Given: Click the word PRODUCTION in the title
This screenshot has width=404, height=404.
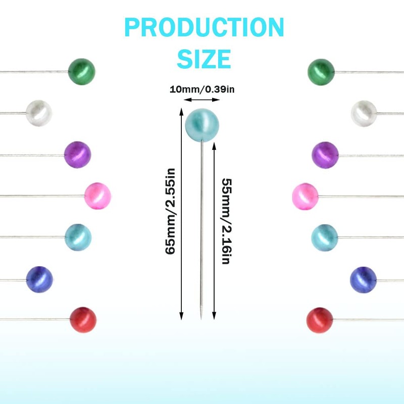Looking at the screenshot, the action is (x=204, y=28).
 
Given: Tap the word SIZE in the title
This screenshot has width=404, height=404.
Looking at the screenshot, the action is (x=204, y=59).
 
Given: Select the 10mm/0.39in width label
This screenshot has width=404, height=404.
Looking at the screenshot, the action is (x=202, y=90).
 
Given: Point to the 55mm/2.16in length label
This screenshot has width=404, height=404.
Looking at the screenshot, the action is (x=226, y=222).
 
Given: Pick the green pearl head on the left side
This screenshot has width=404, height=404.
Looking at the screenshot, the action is (x=82, y=72).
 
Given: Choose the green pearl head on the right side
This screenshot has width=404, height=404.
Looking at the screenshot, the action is (x=321, y=72).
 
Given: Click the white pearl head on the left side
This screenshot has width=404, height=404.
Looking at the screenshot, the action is (x=39, y=113).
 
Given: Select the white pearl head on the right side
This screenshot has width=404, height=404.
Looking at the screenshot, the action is (x=364, y=113).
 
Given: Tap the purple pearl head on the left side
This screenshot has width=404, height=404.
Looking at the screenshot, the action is (x=78, y=155).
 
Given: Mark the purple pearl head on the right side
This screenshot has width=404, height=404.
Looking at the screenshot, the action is (x=325, y=155).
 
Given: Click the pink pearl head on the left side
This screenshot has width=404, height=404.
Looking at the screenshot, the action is (x=97, y=196).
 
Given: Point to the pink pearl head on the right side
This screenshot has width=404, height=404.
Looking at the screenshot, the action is (x=306, y=196).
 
